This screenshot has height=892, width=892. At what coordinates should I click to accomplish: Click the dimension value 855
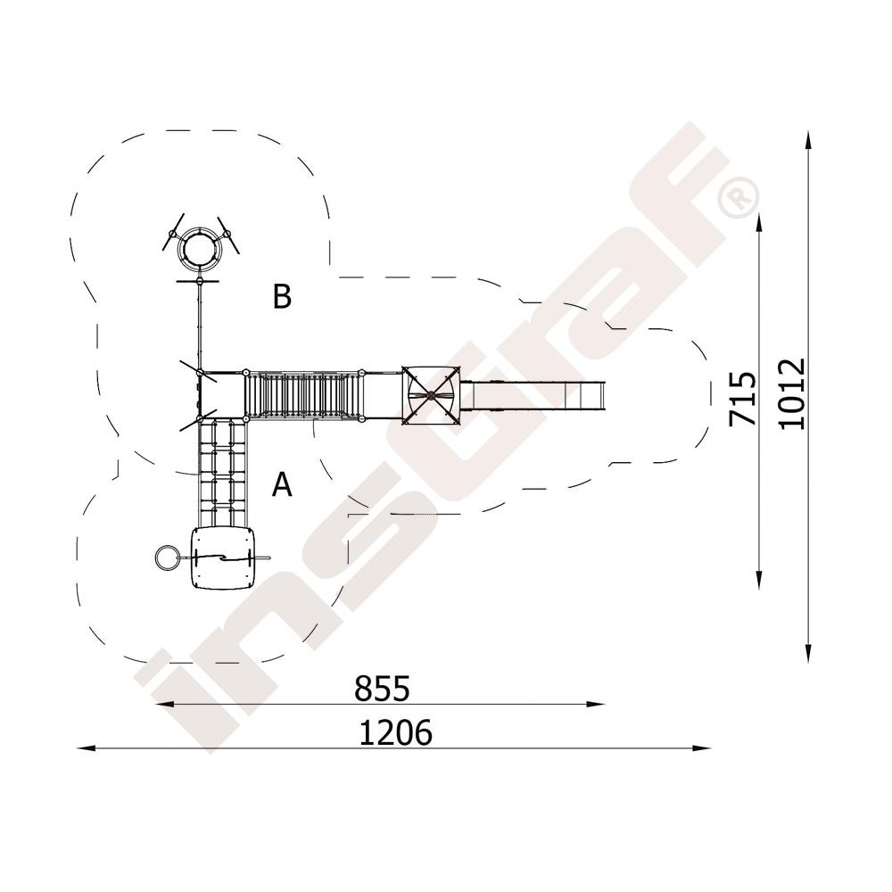(382, 689)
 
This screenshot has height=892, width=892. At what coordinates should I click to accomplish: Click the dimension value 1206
(395, 732)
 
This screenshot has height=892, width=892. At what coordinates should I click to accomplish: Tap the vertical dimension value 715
(744, 398)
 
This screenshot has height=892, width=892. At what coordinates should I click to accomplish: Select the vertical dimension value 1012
(792, 393)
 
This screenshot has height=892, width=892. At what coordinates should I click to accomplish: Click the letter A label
(282, 485)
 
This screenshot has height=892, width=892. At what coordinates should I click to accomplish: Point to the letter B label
(282, 296)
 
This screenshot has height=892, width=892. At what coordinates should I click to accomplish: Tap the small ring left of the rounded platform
(166, 557)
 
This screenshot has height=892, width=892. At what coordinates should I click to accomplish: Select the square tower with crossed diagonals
(431, 395)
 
